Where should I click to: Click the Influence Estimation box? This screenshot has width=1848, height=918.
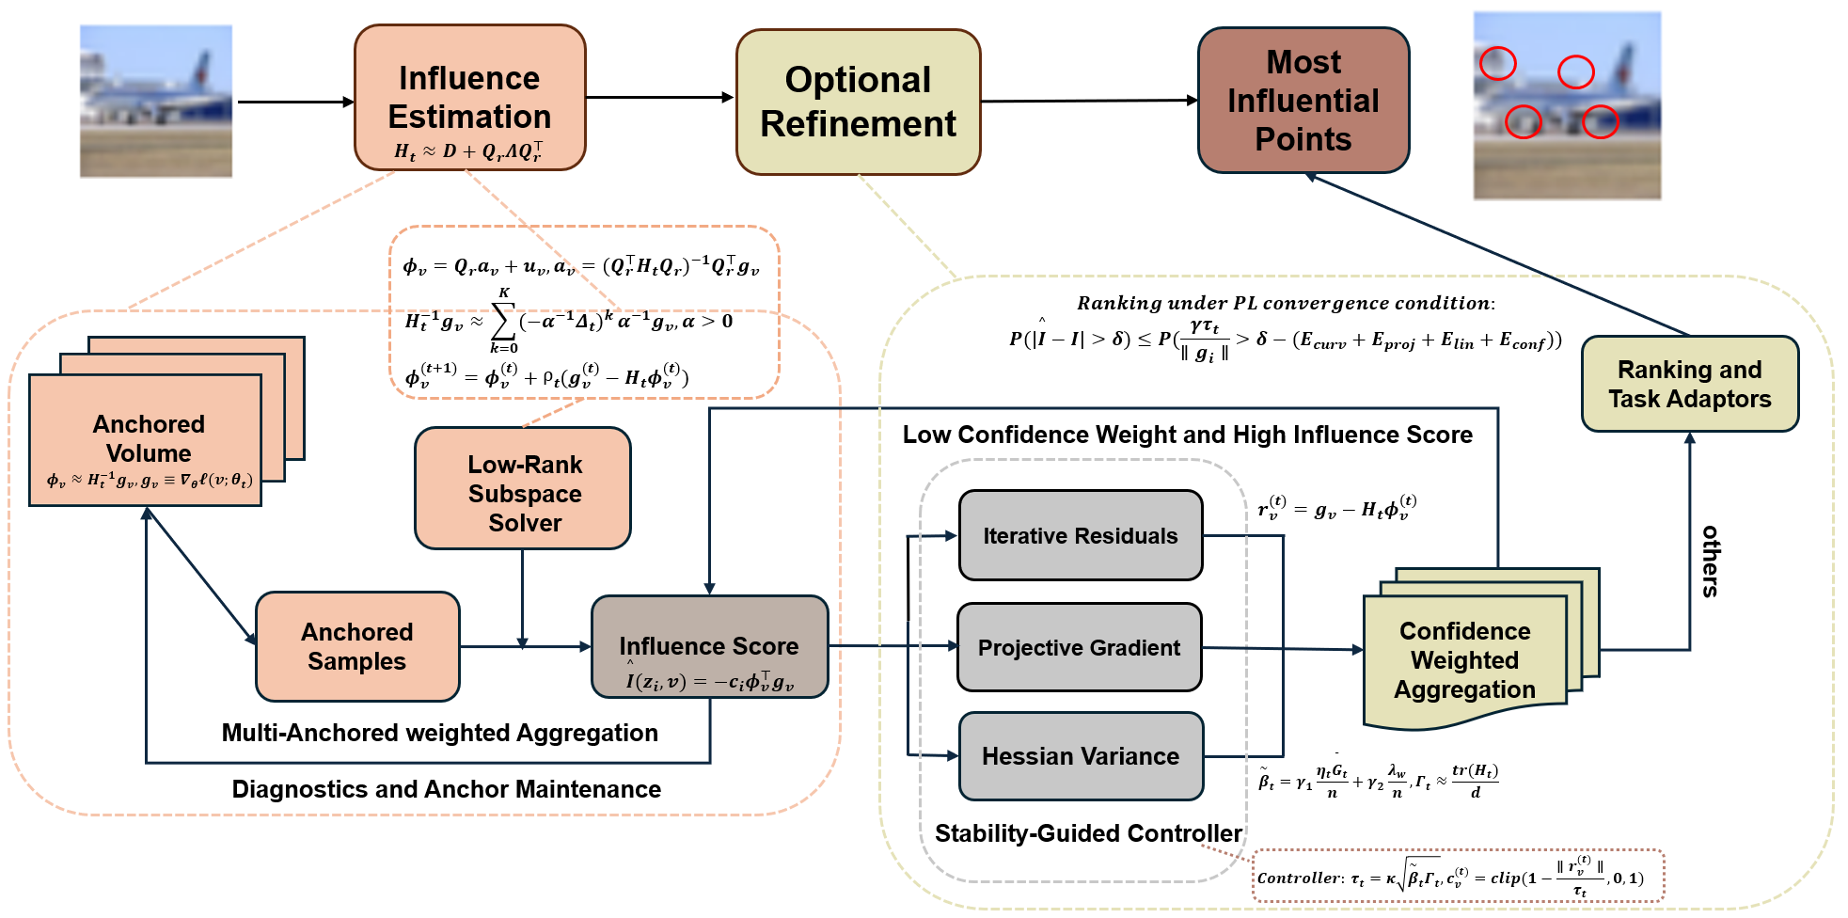tap(469, 98)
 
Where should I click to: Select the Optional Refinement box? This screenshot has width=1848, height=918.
tap(858, 102)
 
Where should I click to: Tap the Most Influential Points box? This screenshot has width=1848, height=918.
tap(1303, 101)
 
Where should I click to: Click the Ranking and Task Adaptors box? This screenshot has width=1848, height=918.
tap(1689, 384)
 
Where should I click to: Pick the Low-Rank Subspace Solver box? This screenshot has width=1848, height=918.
tap(523, 488)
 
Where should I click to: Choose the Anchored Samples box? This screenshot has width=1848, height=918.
tap(357, 646)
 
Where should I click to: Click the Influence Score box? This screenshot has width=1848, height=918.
tap(709, 647)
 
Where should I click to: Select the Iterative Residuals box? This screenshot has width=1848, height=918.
tap(1080, 535)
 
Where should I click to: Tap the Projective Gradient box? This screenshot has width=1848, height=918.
tap(1079, 647)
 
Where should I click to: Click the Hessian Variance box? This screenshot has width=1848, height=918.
tap(1080, 756)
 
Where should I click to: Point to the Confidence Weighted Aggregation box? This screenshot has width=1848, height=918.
tap(1464, 660)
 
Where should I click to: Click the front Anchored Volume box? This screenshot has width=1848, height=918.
tap(147, 439)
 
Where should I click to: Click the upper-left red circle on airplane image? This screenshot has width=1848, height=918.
tap(1497, 63)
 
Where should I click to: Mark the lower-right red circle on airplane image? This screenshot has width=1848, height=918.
tap(1599, 121)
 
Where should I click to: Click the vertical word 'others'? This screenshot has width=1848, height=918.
tap(1710, 561)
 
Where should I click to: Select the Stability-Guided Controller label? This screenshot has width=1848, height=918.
tap(1088, 833)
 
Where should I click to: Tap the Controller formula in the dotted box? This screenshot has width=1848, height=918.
tap(1457, 878)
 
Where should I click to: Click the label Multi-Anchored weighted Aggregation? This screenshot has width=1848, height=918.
tap(439, 733)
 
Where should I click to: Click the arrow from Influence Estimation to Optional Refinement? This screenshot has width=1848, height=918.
tap(658, 97)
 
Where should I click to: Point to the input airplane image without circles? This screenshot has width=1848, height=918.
tap(156, 102)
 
